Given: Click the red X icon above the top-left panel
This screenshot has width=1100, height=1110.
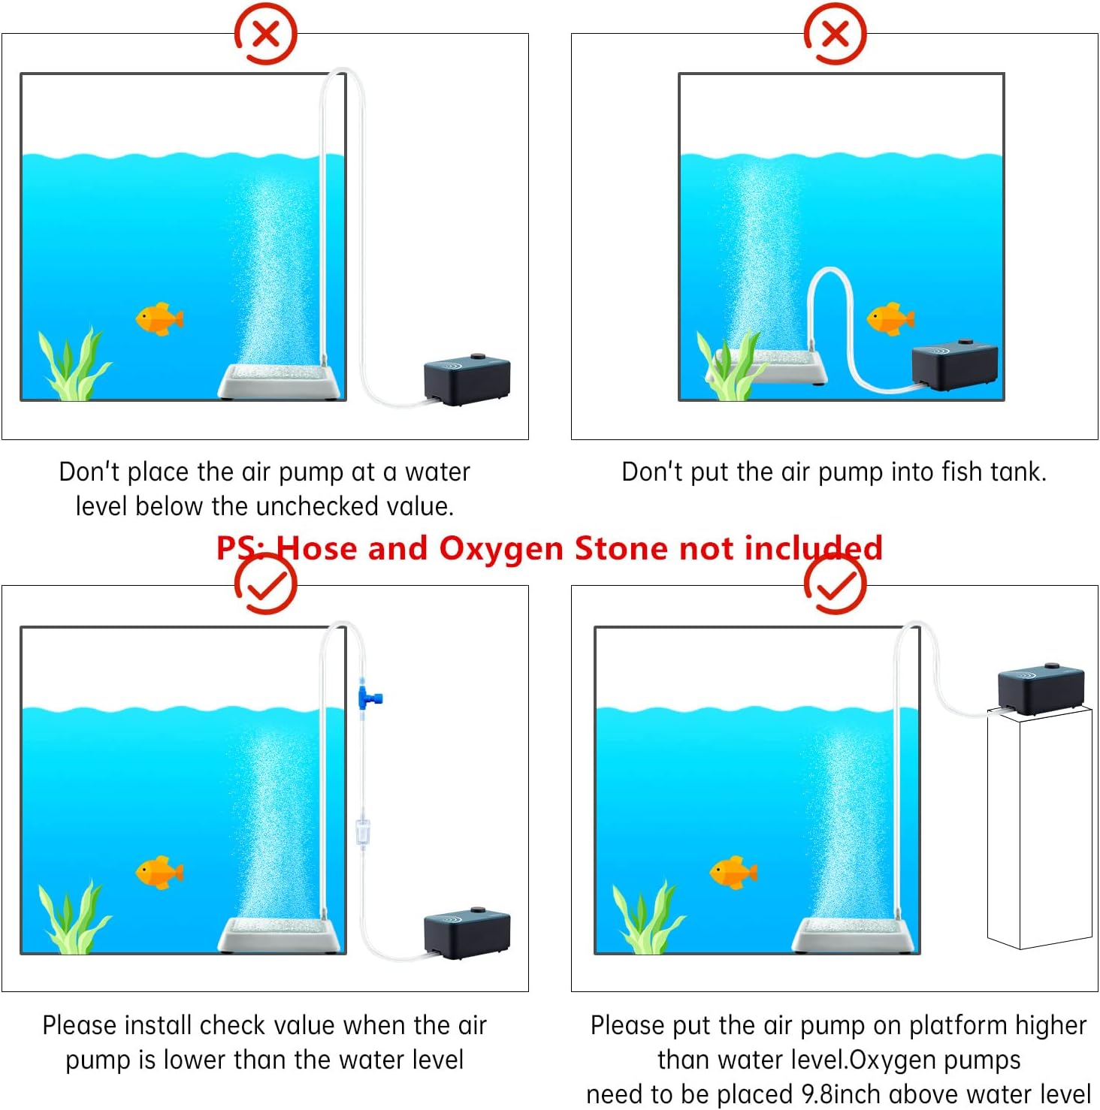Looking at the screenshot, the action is [265, 34].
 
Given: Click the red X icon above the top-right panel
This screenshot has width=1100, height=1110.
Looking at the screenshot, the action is [835, 34].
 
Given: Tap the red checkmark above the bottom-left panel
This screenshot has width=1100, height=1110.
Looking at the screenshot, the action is [265, 584].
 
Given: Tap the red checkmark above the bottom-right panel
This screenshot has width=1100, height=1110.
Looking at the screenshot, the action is [835, 584].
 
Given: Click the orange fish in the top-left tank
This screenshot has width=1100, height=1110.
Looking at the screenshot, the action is [159, 319].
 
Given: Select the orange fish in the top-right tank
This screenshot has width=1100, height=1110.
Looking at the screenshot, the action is [890, 319].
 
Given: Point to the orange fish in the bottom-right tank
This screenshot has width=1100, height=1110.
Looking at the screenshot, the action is [733, 872].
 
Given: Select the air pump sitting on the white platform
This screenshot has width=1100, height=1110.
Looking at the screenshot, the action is [1041, 689].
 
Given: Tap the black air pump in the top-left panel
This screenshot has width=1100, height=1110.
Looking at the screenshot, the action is [467, 379].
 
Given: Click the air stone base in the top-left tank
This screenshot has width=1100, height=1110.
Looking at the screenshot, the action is [280, 381].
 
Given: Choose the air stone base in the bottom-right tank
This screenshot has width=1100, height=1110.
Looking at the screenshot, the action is [854, 934].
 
